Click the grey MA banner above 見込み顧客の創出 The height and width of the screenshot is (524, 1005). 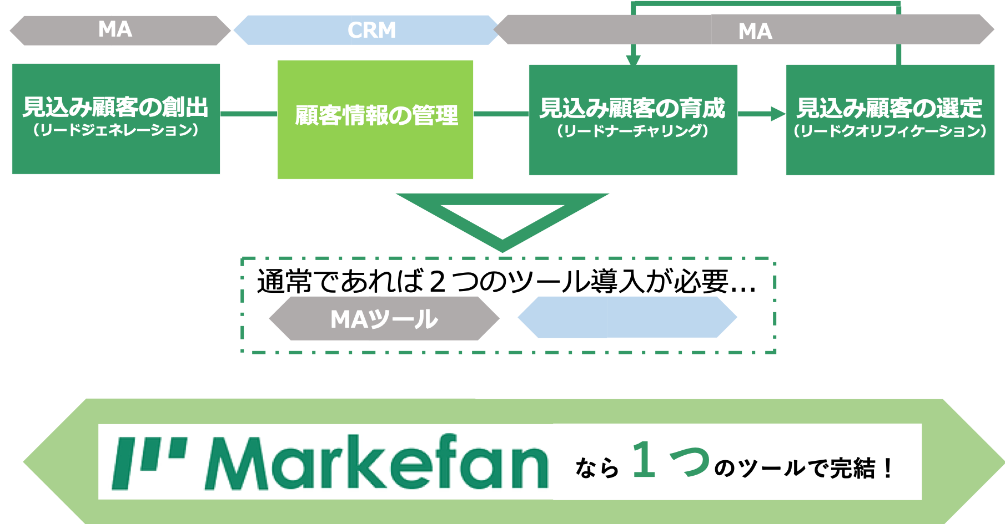coord(120,30)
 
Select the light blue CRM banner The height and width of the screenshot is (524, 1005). coord(366,30)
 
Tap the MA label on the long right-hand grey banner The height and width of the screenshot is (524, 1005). coord(755,31)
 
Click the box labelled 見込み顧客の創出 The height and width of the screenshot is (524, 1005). coord(116,119)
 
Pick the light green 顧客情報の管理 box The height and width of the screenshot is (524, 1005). coord(375,120)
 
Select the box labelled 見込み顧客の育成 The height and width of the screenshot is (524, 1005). coord(633,120)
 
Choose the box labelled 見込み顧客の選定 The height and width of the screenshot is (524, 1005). coord(890,120)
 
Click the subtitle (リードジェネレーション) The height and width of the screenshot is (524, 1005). coord(115,131)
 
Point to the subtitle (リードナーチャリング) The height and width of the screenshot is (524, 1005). coord(633,131)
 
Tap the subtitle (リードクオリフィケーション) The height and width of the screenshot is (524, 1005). coord(890,131)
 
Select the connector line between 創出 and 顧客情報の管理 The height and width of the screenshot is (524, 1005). coord(249,114)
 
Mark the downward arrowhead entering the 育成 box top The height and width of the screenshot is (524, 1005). coord(633,60)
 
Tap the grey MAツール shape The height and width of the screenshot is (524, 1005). coord(384,318)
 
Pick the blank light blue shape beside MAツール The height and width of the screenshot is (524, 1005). coord(627,317)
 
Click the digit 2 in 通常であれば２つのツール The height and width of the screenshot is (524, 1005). coord(438,281)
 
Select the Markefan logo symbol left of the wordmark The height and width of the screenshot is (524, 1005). coord(149,463)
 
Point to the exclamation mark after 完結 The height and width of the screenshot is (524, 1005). coord(888,468)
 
